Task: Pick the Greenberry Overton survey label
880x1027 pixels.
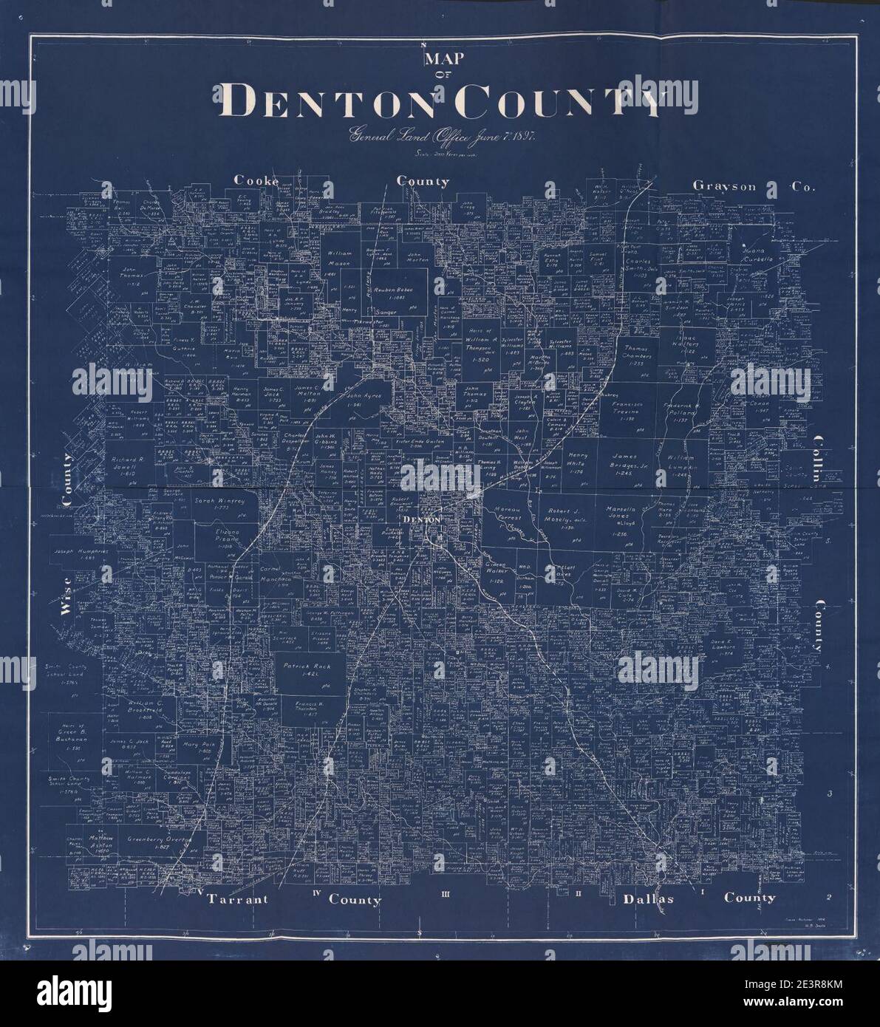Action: click(160, 841)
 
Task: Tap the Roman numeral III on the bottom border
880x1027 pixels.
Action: click(446, 895)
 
